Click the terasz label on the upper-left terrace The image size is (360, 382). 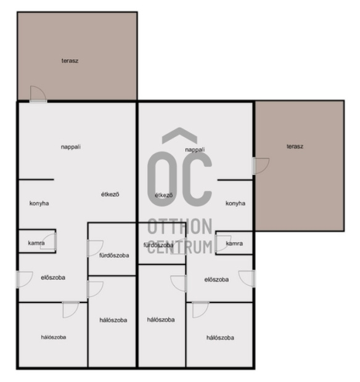pos(70,60)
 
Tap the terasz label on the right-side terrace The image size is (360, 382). pos(295,147)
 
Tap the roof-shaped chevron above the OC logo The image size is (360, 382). pos(179,136)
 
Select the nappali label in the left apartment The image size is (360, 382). pos(71,147)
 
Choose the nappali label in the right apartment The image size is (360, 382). pos(195,149)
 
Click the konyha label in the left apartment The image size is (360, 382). pos(39,203)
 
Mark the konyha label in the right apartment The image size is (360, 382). pos(235,203)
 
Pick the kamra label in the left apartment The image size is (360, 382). pos(36,243)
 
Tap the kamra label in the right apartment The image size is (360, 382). pos(234,243)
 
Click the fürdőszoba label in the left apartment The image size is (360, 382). pos(114,254)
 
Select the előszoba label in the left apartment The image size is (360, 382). pos(53,277)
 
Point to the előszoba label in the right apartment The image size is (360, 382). pos(216,279)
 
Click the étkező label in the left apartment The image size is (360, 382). pos(110,194)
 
